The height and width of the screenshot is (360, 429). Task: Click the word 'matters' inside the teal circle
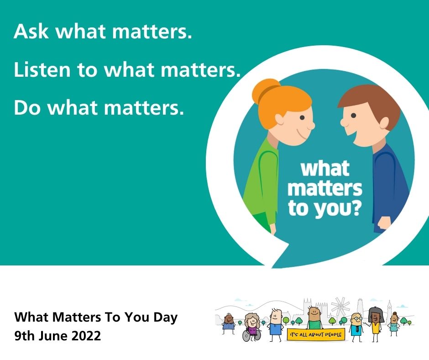(x=325, y=188)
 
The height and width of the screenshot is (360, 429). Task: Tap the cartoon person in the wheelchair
(x=251, y=328)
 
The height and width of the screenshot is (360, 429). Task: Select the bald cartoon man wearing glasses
(x=356, y=324)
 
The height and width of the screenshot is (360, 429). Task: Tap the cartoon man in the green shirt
(x=314, y=318)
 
